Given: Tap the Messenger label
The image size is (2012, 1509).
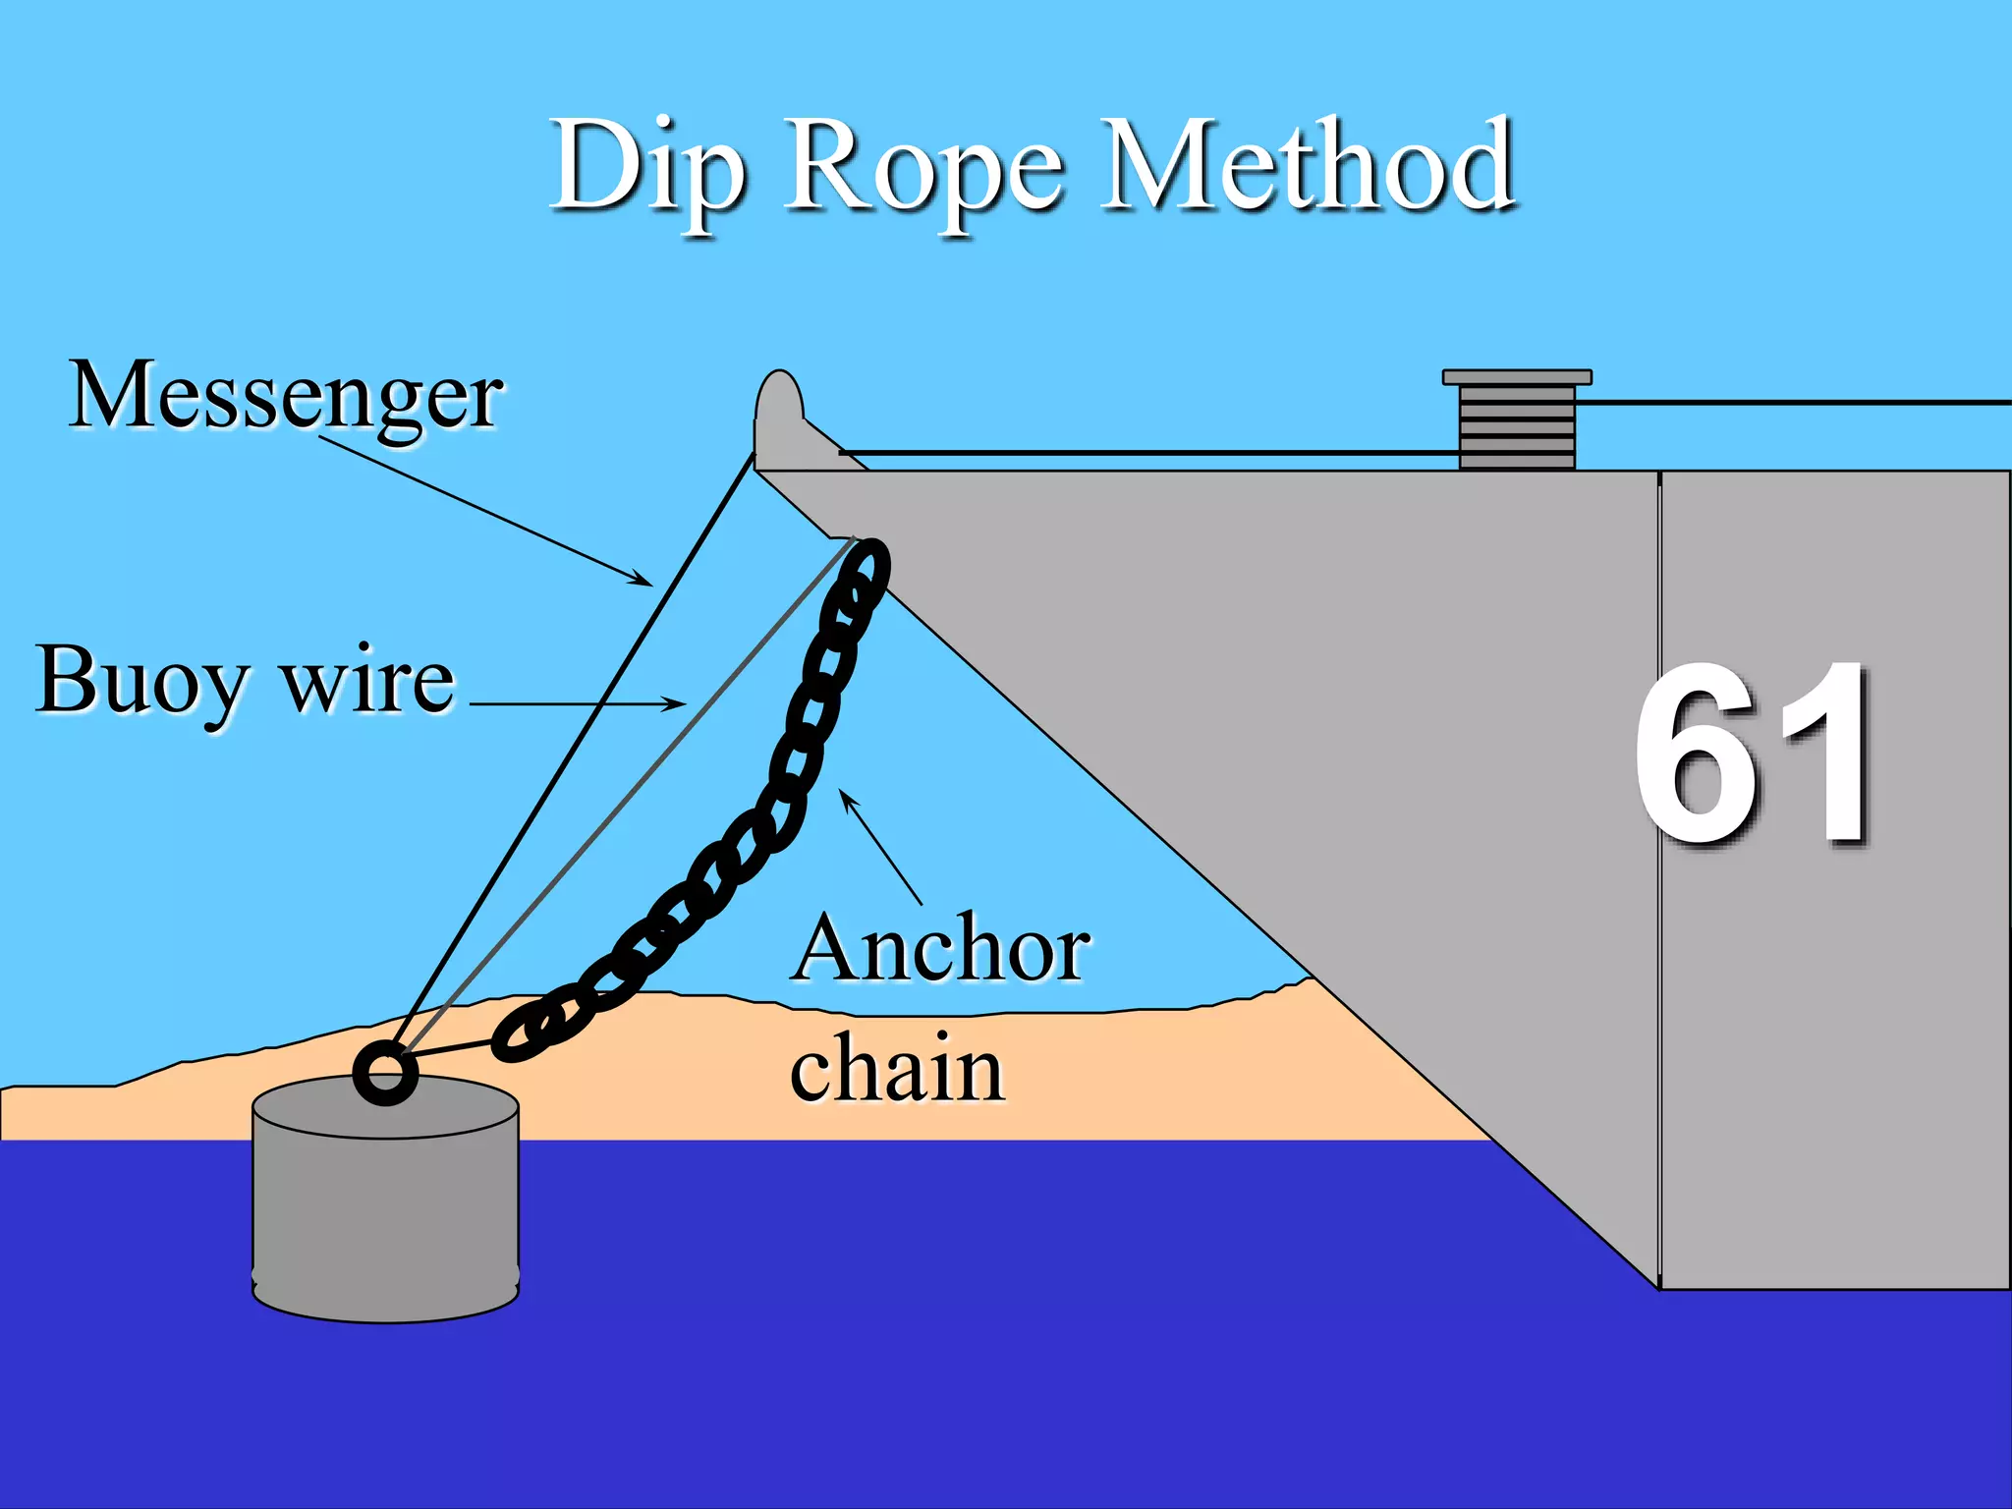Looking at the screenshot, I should [286, 396].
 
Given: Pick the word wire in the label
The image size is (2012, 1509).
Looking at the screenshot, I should [368, 681].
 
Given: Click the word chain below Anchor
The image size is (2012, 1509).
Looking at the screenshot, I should [896, 1069].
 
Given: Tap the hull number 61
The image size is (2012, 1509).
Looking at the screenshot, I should [1753, 754].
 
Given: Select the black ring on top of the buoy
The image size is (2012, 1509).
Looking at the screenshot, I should [385, 1073].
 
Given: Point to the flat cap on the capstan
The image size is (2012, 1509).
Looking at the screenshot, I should [1517, 377].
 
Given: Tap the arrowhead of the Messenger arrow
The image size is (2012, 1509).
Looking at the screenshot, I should [644, 581].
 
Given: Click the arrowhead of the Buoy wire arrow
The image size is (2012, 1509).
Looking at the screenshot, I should [678, 703].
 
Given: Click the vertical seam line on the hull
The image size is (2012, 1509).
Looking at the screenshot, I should [1659, 879].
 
